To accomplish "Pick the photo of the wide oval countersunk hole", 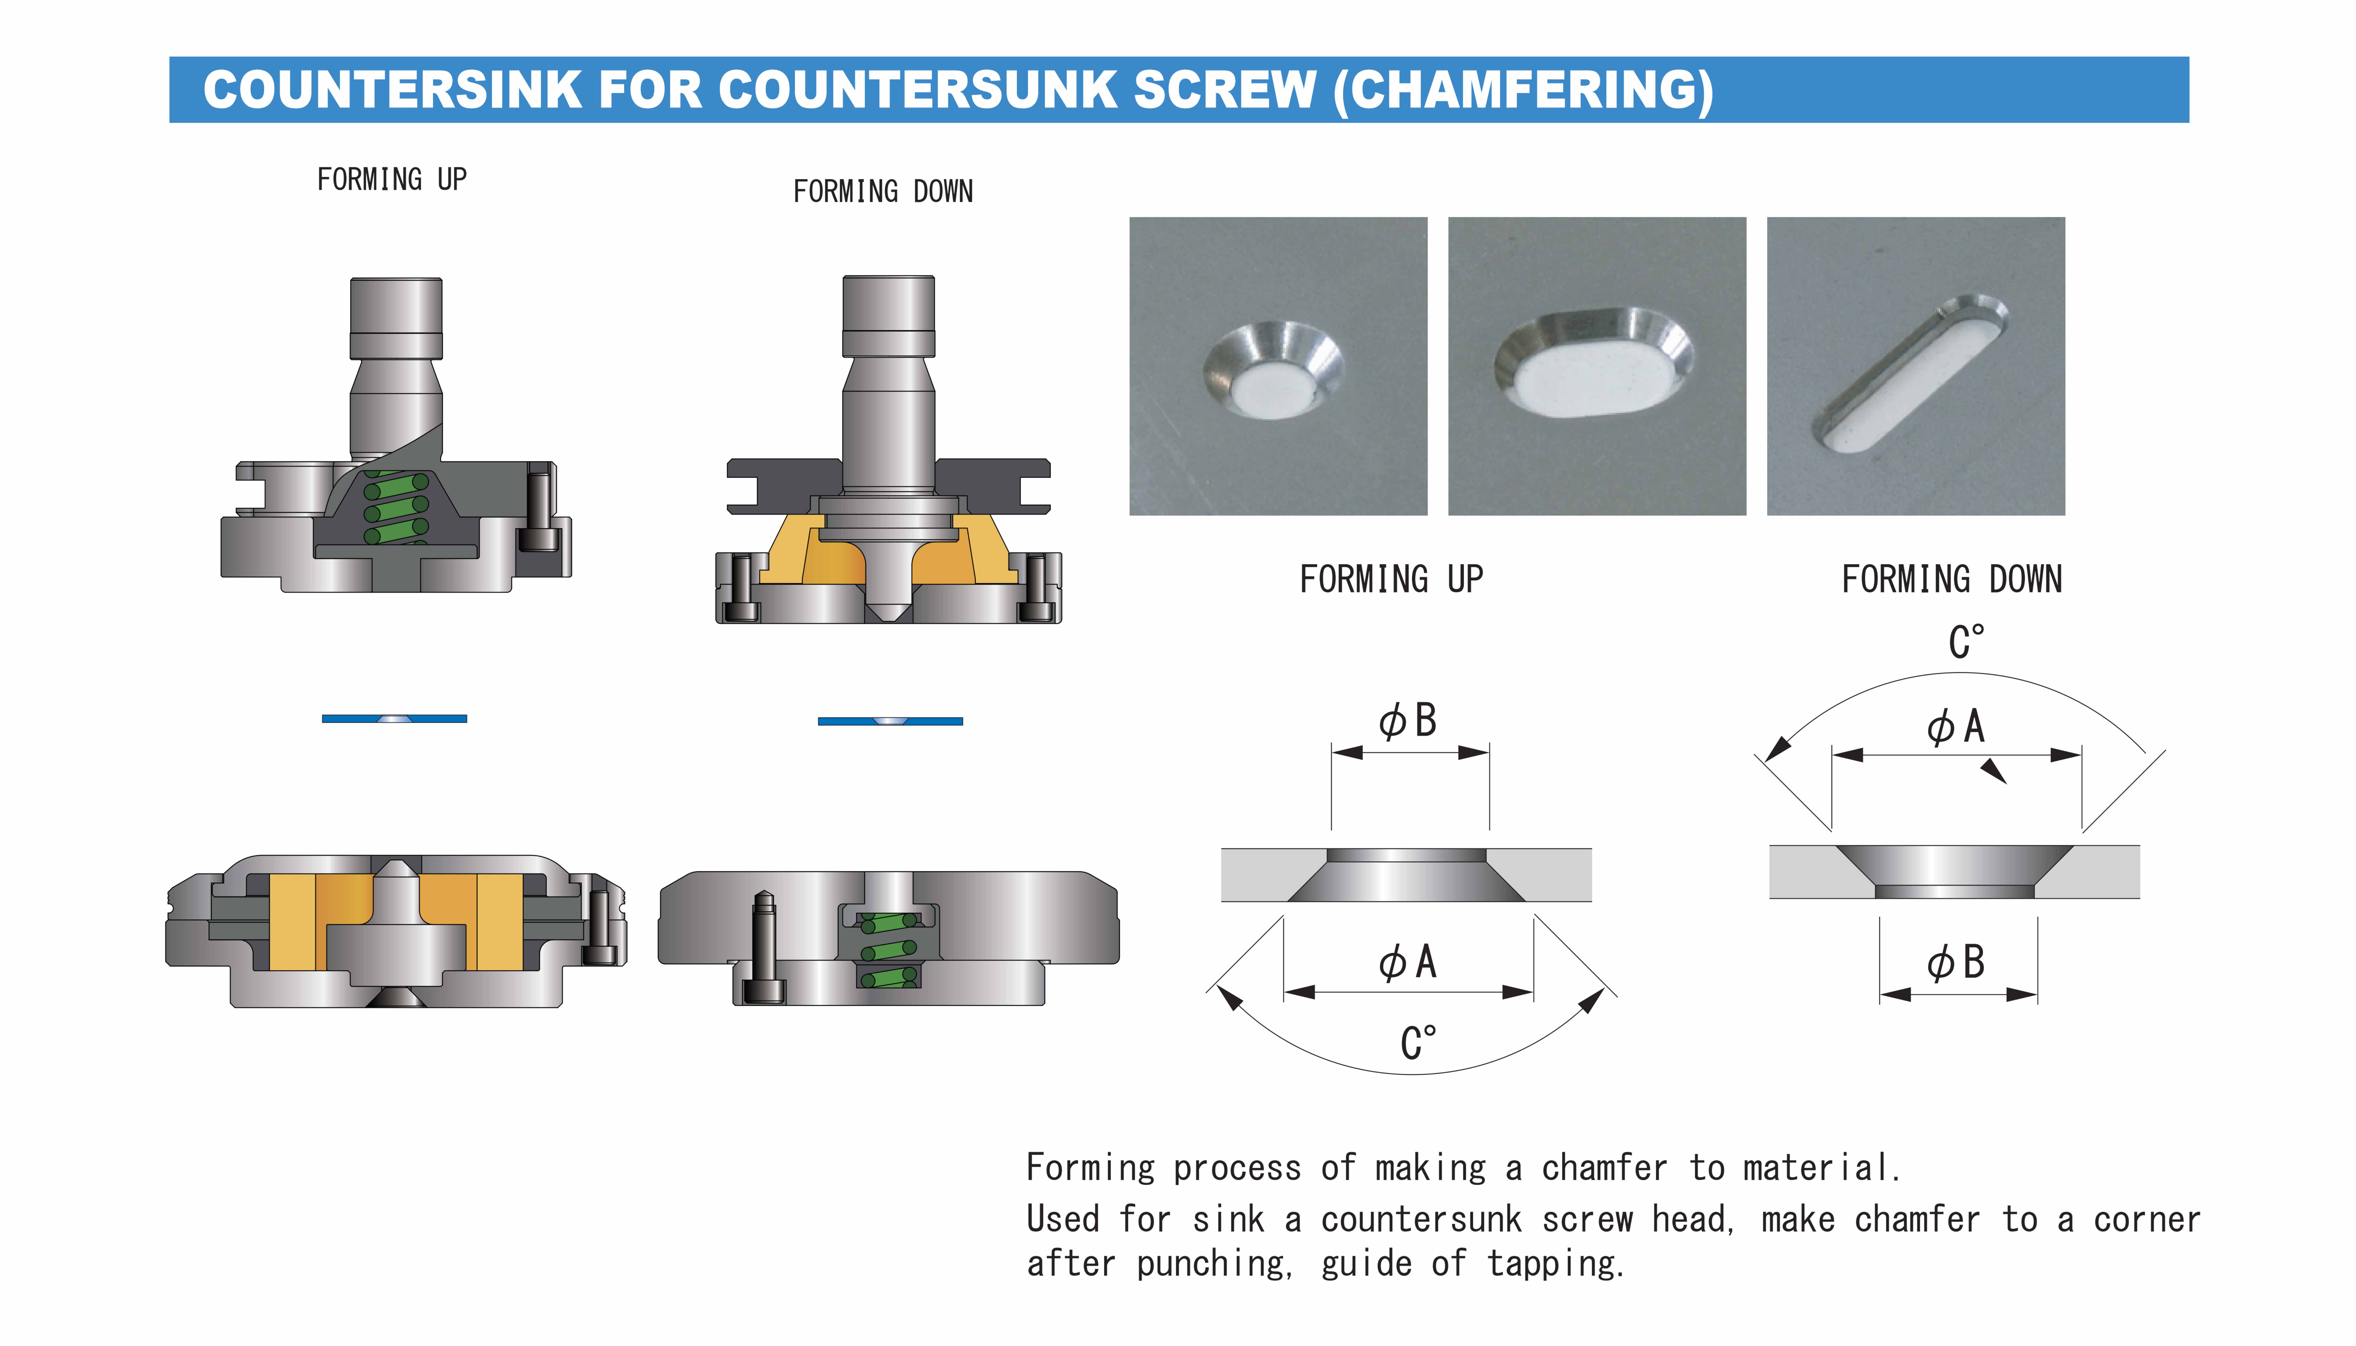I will pos(1596,366).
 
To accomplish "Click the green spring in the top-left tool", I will pos(396,508).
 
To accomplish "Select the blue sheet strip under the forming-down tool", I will pos(889,721).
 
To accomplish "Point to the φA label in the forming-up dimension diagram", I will pos(1408,962).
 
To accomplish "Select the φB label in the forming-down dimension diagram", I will pos(1956,962).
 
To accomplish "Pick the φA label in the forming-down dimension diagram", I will pos(1956,727).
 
